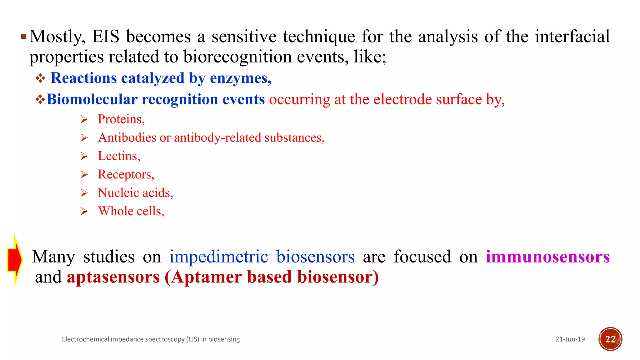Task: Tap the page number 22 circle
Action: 610,339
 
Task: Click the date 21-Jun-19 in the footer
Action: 570,339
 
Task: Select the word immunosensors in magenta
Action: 547,257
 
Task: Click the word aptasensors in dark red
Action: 113,277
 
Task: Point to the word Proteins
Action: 121,119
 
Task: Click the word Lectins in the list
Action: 118,156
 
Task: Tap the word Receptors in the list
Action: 126,174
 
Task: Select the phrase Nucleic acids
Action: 135,193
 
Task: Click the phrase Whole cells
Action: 131,211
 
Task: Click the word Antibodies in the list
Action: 127,138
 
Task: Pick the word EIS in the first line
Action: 106,37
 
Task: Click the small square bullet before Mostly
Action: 23,37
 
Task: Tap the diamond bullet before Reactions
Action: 40,78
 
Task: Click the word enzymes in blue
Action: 240,78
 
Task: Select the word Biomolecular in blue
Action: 92,99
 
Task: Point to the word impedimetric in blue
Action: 219,257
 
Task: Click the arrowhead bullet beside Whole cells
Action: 84,212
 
